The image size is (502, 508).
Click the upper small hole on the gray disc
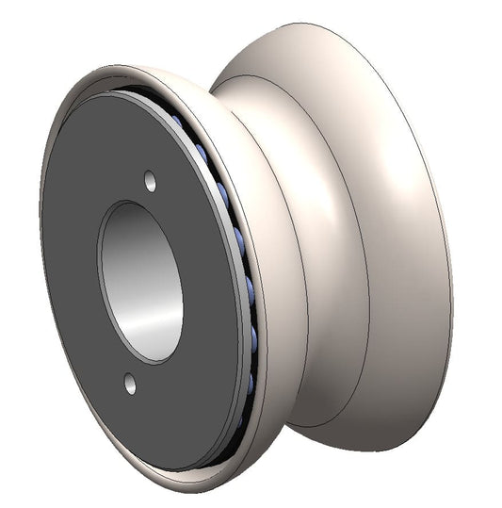tap(150, 177)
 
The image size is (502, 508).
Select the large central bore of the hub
tap(141, 280)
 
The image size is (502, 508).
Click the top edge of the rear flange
tap(311, 25)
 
